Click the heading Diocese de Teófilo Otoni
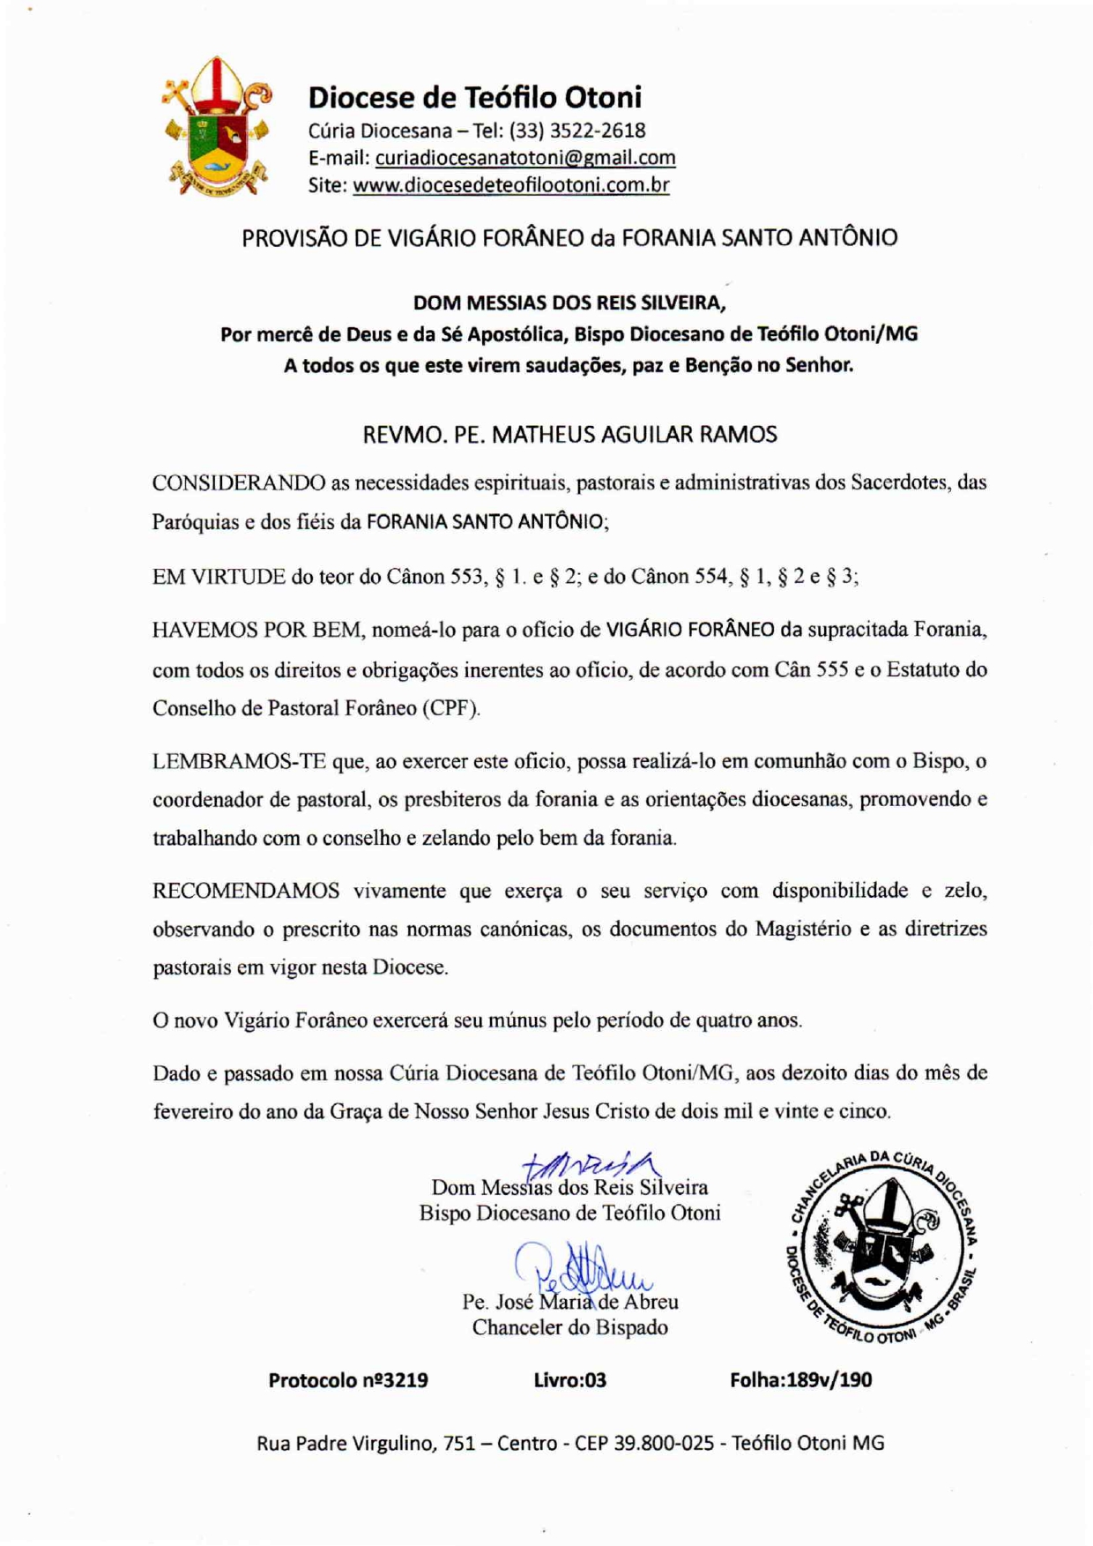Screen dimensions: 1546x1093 click(x=474, y=97)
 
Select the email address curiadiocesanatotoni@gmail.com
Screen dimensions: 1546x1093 click(x=525, y=158)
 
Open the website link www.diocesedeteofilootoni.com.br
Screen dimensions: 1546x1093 click(x=510, y=185)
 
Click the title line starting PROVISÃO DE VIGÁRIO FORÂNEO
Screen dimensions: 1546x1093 click(x=569, y=238)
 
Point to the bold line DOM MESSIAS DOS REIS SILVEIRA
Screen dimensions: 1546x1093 click(x=569, y=303)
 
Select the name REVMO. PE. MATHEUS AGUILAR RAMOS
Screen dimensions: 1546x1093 click(x=569, y=435)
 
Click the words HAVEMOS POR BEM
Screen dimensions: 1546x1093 click(x=257, y=630)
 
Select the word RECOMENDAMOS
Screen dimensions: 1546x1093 click(x=246, y=891)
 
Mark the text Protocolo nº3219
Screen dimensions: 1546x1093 click(x=348, y=1380)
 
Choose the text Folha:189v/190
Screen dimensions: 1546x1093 click(x=800, y=1380)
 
